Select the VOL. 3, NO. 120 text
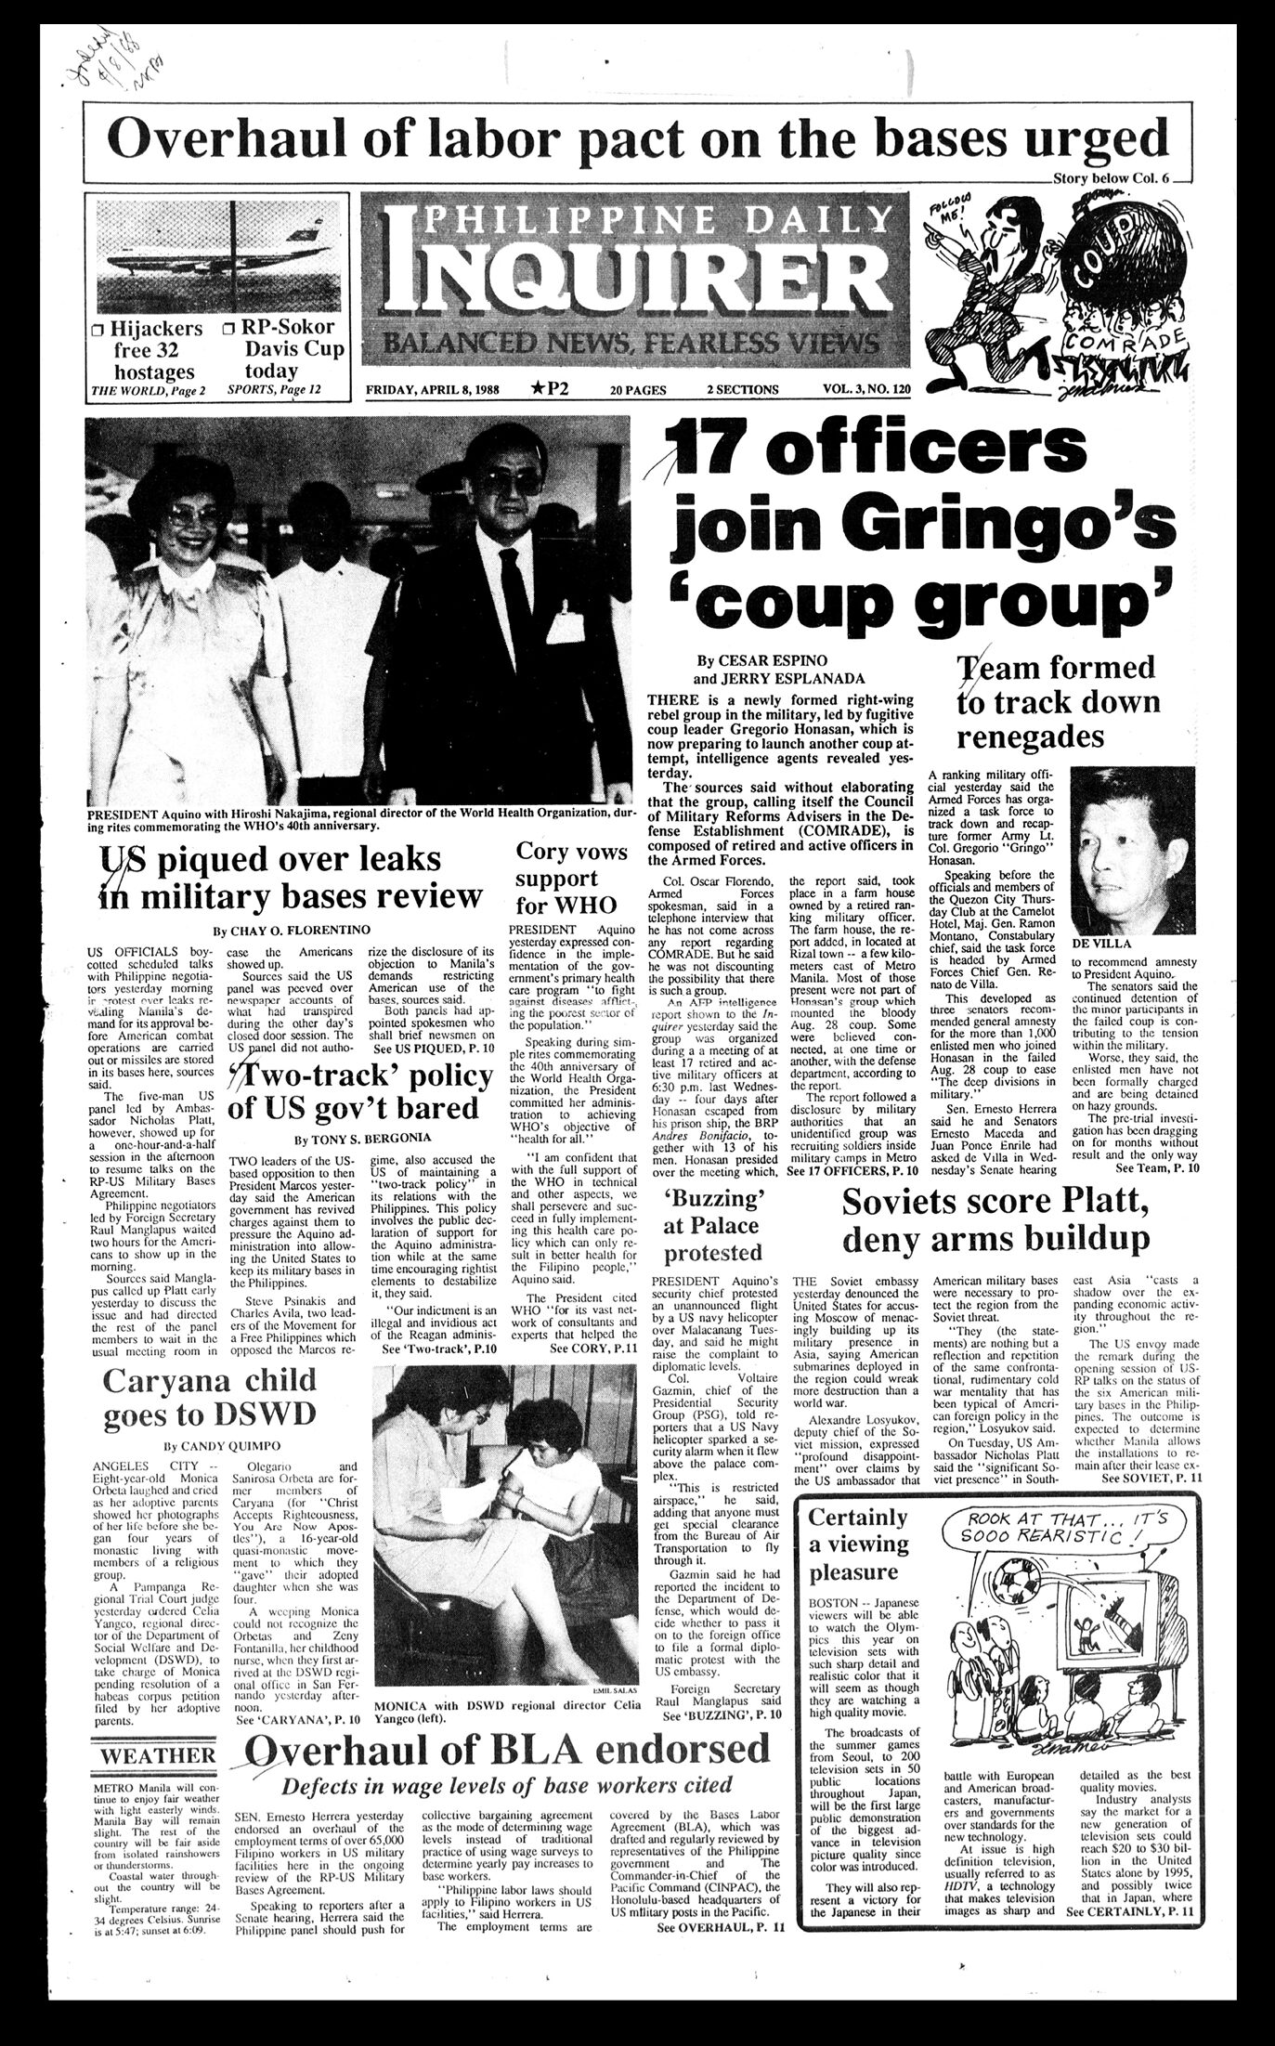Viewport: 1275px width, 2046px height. [x=858, y=389]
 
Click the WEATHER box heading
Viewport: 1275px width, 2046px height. [x=157, y=1757]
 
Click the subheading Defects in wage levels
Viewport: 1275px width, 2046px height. [x=506, y=1784]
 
